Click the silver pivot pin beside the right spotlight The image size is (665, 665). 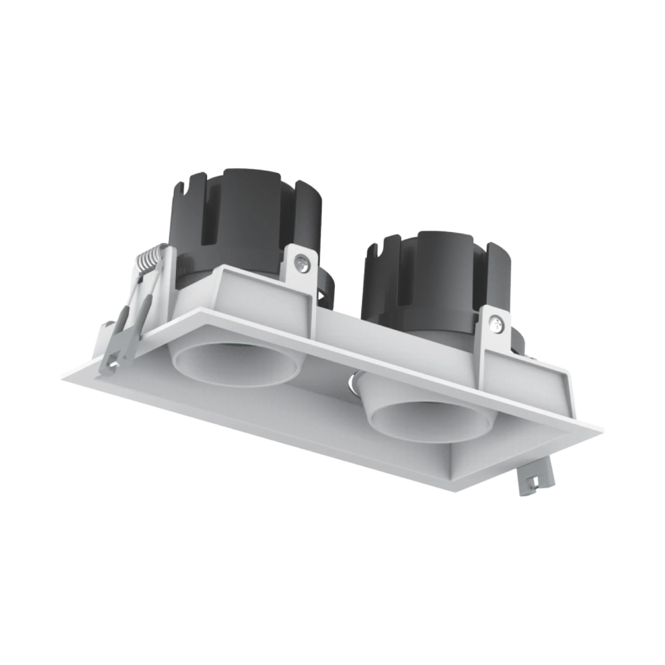[x=352, y=381]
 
